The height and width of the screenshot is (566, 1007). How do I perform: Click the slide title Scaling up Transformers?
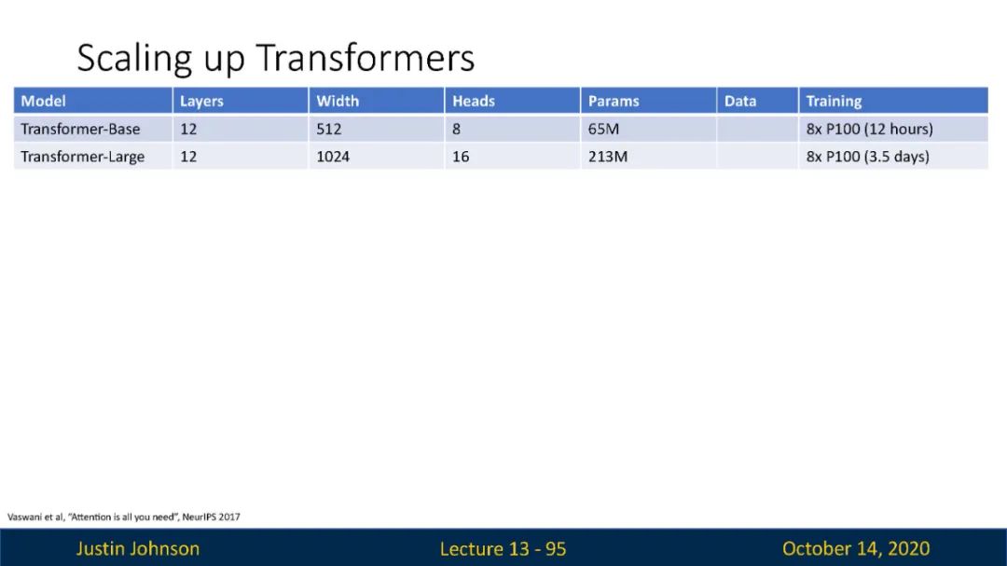pos(275,58)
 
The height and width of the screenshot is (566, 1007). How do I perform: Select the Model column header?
pos(43,101)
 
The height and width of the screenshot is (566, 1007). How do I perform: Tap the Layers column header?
pos(201,102)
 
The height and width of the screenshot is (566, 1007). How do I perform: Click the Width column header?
pos(338,101)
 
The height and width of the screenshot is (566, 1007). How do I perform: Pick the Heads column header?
pos(474,101)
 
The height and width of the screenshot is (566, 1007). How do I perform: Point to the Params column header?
pos(614,101)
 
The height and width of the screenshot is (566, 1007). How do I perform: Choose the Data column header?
pos(739,101)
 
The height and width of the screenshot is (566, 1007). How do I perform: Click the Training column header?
pos(834,102)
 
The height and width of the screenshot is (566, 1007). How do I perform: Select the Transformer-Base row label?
pos(80,129)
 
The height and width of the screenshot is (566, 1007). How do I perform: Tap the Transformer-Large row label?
pos(83,157)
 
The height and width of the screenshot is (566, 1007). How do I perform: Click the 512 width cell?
pos(329,129)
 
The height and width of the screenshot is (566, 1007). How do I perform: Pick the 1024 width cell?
pos(333,157)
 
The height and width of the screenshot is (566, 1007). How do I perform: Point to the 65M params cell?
pos(603,129)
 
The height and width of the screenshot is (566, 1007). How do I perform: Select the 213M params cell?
pos(608,157)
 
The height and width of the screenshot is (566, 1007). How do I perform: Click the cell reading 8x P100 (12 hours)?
pos(870,129)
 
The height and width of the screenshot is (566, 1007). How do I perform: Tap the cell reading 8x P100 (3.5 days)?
pos(868,157)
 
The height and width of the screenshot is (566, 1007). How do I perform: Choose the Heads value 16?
pos(461,157)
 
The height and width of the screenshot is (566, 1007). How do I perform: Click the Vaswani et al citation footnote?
pos(124,517)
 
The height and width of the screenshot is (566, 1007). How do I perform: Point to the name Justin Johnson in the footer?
pos(138,548)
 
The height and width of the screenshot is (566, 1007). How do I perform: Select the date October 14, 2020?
pos(856,548)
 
